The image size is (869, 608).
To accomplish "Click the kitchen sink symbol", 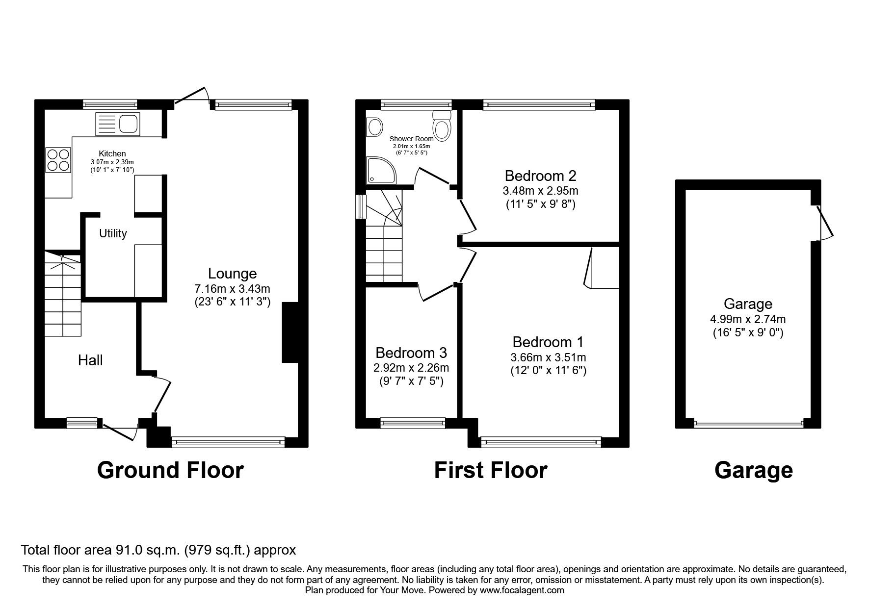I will point(118,124).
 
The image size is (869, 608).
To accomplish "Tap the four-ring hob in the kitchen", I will point(58,160).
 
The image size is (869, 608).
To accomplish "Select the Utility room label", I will point(113,233).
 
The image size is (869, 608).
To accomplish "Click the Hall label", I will point(90,360).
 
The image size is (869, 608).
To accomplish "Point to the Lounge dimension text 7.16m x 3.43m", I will point(232,289).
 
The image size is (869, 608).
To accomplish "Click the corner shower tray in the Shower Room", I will point(381,170).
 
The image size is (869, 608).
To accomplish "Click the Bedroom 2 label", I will point(540,176).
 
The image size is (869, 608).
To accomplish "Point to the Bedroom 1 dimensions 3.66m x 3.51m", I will point(548,357).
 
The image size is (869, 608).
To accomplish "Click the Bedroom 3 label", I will point(411,353).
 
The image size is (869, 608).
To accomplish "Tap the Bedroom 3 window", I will point(413,422).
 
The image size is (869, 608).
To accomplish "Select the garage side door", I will point(824,223).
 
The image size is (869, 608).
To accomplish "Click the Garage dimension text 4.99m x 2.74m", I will point(748,319).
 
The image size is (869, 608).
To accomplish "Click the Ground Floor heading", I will point(170,470).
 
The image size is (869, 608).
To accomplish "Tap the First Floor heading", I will point(490,470).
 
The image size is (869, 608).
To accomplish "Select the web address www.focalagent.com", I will point(522,590).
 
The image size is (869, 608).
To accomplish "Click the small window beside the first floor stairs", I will point(361,206).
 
